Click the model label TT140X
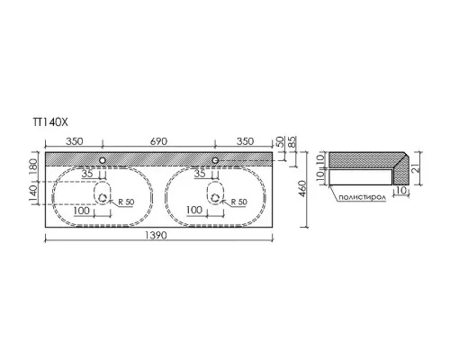(x=50, y=122)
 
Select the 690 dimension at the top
(x=158, y=141)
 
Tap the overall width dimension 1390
(x=156, y=236)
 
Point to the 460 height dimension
(x=302, y=189)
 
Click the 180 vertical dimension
(x=33, y=166)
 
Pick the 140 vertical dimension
(x=33, y=193)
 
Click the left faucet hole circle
(x=103, y=160)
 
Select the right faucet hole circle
(x=215, y=160)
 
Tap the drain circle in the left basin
(x=103, y=198)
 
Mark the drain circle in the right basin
(x=215, y=198)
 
